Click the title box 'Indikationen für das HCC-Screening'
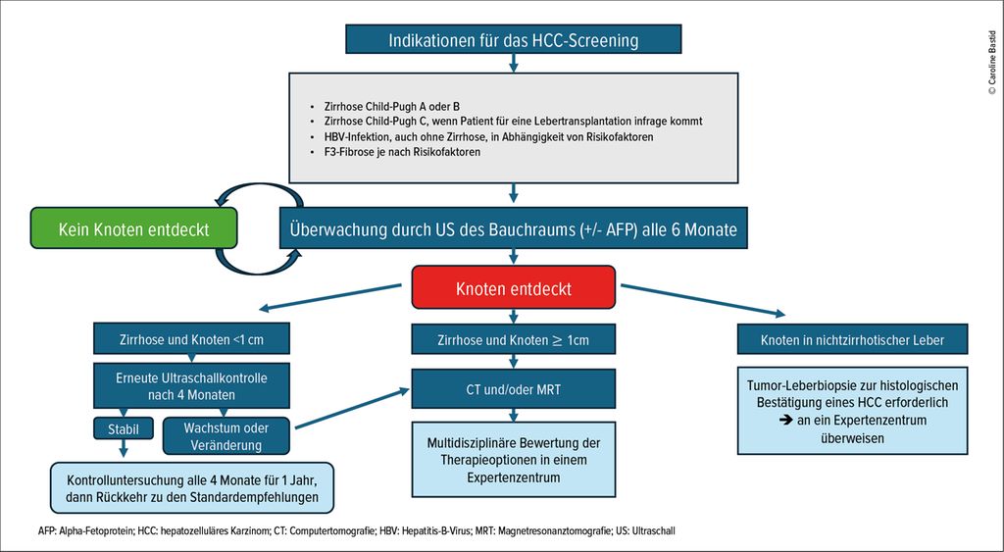[x=513, y=39]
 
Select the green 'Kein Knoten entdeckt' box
[x=133, y=228]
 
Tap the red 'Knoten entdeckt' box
[x=514, y=287]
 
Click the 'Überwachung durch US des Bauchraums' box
[x=514, y=228]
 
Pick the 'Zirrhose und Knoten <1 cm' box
[x=191, y=339]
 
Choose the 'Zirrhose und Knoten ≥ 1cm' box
[x=514, y=339]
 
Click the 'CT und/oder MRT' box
[x=514, y=388]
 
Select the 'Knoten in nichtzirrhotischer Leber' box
[x=852, y=339]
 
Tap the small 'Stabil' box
[x=124, y=428]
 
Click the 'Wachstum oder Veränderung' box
[x=226, y=436]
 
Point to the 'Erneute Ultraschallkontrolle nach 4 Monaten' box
[x=191, y=385]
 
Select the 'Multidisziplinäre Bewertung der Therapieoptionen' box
[x=514, y=459]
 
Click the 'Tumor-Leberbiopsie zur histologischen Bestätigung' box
[x=852, y=411]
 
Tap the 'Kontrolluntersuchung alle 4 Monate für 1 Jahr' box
[x=192, y=488]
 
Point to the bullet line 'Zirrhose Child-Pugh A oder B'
[x=384, y=106]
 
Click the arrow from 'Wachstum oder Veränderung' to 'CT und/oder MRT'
[x=352, y=408]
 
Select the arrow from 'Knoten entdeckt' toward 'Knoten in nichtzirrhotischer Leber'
[x=703, y=300]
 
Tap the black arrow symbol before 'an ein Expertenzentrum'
[x=785, y=421]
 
